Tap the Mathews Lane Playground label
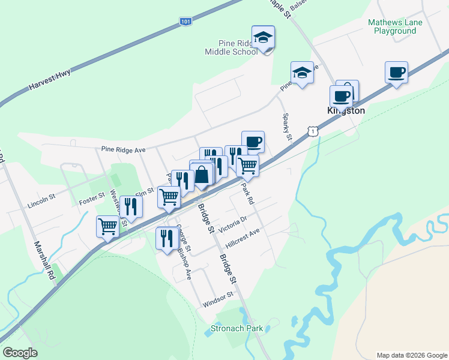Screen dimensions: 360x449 [x=395, y=26]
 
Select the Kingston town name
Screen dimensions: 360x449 [x=346, y=111]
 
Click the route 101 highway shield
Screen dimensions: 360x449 [x=186, y=21]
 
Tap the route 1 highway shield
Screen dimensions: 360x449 [x=312, y=130]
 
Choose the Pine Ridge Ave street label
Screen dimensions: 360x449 [x=124, y=149]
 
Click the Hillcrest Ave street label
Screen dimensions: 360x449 [x=241, y=242]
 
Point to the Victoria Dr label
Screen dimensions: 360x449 [x=233, y=224]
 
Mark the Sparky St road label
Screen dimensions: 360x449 [x=287, y=127]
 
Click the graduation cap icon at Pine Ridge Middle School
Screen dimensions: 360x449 [x=263, y=37]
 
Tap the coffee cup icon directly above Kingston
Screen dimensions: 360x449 [x=341, y=95]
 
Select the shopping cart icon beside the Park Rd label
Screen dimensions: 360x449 [x=247, y=165]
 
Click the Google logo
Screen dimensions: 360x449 [x=20, y=353]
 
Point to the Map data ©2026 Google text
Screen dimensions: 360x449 [x=411, y=355]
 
